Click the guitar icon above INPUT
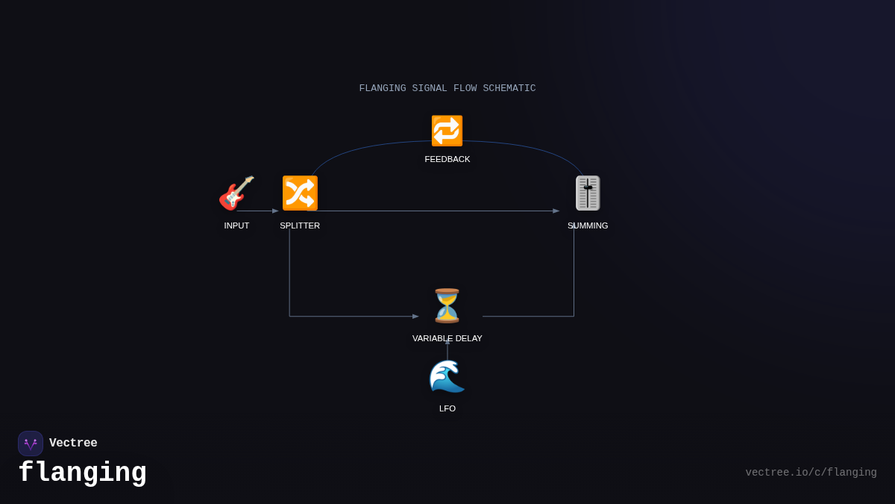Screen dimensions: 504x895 pyautogui.click(x=236, y=193)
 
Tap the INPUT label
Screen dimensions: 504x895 pyautogui.click(x=236, y=225)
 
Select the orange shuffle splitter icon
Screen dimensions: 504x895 pyautogui.click(x=300, y=193)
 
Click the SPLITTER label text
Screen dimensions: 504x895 pyautogui.click(x=300, y=225)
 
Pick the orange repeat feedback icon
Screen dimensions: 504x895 pyautogui.click(x=447, y=131)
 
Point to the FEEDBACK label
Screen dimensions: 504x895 pyautogui.click(x=447, y=159)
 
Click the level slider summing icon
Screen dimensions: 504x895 pyautogui.click(x=588, y=193)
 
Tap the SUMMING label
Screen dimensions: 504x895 pyautogui.click(x=588, y=225)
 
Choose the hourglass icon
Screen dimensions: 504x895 pyautogui.click(x=447, y=305)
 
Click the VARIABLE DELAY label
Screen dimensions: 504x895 pyautogui.click(x=447, y=338)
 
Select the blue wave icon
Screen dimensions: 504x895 pyautogui.click(x=447, y=376)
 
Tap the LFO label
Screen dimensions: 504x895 pyautogui.click(x=447, y=408)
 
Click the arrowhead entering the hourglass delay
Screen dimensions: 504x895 pyautogui.click(x=415, y=317)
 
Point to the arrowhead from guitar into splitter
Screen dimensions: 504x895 pyautogui.click(x=275, y=211)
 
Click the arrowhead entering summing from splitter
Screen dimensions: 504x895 pyautogui.click(x=556, y=211)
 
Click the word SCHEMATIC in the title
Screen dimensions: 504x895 pyautogui.click(x=509, y=88)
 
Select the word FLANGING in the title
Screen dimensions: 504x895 pyautogui.click(x=383, y=88)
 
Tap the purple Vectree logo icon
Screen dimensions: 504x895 pyautogui.click(x=31, y=444)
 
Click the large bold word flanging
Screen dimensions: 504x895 pyautogui.click(x=82, y=473)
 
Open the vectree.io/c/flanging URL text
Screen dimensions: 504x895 pyautogui.click(x=811, y=473)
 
